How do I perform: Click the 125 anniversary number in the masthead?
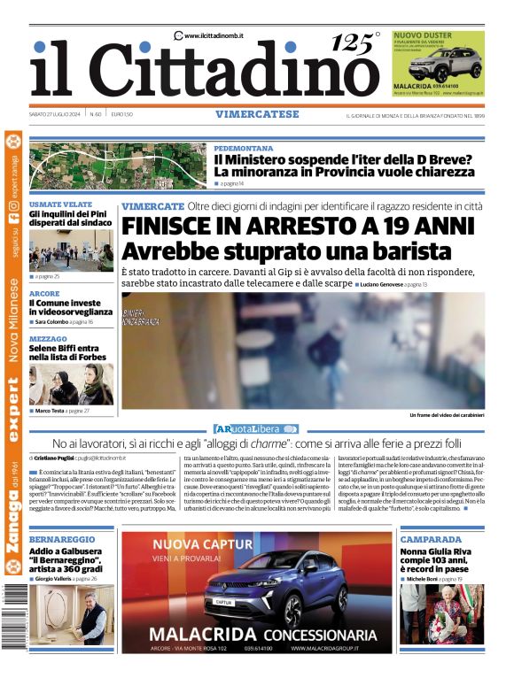353,42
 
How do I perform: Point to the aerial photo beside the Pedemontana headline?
118,166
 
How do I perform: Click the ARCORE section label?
44,293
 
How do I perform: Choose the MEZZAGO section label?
48,339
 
